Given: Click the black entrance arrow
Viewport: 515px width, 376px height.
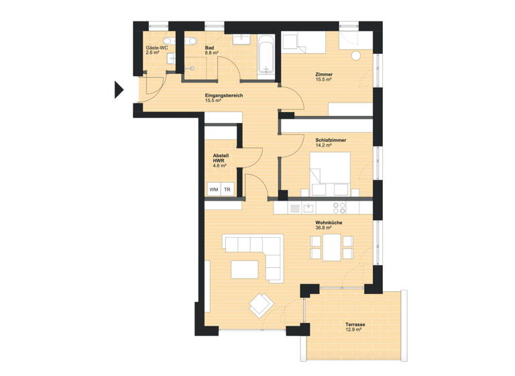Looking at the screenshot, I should tap(119, 89).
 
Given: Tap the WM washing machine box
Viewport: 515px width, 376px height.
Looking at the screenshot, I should tap(214, 190).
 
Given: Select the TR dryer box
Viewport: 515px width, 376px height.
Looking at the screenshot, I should tap(227, 190).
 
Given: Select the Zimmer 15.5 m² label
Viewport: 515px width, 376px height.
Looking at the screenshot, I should tap(325, 77).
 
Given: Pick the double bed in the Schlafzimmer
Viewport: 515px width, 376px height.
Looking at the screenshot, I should tap(329, 173).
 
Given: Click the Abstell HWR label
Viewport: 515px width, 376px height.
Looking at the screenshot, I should tap(221, 158).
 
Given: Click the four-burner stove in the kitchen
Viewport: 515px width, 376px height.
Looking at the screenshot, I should tap(341, 207).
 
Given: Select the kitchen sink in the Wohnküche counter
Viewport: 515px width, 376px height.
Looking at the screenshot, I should tap(309, 207).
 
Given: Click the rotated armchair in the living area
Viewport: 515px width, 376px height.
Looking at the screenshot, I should tap(260, 305).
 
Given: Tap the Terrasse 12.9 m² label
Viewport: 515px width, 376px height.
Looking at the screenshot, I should tap(355, 327).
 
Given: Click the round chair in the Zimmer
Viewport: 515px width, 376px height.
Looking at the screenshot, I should tap(355, 55).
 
